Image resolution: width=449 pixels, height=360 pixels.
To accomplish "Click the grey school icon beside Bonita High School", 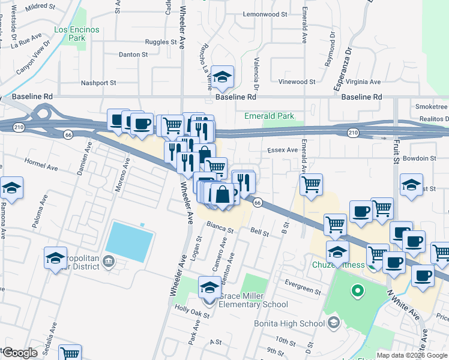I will tap(334, 323).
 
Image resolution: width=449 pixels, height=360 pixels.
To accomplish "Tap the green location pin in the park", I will tap(358, 293).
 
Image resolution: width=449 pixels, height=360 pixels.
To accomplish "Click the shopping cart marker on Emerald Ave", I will tap(311, 185).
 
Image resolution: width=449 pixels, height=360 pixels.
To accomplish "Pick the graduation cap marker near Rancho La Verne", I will tap(222, 77).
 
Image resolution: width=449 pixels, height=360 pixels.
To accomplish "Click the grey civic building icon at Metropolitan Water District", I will tap(109, 260).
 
